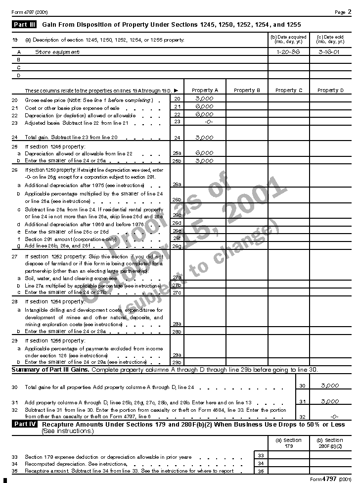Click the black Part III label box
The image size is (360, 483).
click(24, 24)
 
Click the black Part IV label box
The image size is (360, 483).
click(24, 424)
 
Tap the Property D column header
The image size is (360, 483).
click(330, 91)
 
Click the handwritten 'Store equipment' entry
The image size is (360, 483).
click(57, 52)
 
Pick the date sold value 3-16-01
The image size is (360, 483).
click(329, 52)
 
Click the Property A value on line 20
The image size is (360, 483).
click(204, 99)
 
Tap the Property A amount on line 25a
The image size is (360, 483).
click(204, 153)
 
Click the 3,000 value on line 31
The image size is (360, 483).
click(330, 401)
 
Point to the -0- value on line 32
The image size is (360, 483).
click(334, 417)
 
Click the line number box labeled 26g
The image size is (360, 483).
click(177, 246)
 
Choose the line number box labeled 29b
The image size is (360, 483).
click(177, 362)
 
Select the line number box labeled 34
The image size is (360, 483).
click(261, 464)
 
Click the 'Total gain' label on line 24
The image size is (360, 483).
click(40, 137)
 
